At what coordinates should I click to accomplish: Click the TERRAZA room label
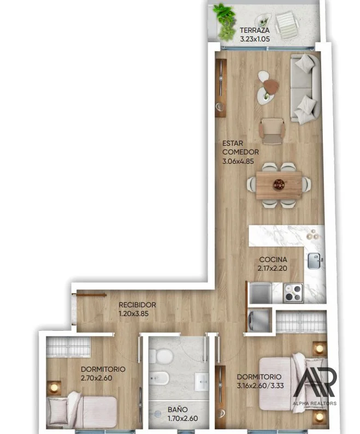coord(255,30)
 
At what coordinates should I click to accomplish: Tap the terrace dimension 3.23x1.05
coord(255,39)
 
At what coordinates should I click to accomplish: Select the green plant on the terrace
coord(225,23)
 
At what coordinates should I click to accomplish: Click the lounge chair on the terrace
coord(287,25)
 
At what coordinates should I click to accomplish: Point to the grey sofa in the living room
coord(305,88)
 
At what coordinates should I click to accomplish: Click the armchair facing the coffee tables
coord(272,131)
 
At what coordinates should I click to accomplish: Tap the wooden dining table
coord(279,185)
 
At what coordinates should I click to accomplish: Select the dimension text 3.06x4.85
coord(238,162)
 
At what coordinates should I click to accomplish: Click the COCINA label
coord(273,260)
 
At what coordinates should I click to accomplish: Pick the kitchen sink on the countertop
coord(314,261)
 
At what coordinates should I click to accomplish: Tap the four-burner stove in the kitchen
coord(293,293)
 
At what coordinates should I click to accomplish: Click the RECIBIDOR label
coord(137,305)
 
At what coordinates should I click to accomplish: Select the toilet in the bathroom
coord(160,356)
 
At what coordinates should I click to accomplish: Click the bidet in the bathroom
coord(159,378)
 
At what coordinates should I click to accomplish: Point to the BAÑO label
coord(178,409)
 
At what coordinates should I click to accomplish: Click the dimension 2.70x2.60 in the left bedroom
coord(96,378)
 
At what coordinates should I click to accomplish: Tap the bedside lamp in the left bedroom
coord(54,388)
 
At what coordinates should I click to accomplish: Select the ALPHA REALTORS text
coord(315,403)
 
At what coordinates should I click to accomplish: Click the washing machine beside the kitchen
coord(258,320)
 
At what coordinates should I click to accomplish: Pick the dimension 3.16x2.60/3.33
coord(261,385)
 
